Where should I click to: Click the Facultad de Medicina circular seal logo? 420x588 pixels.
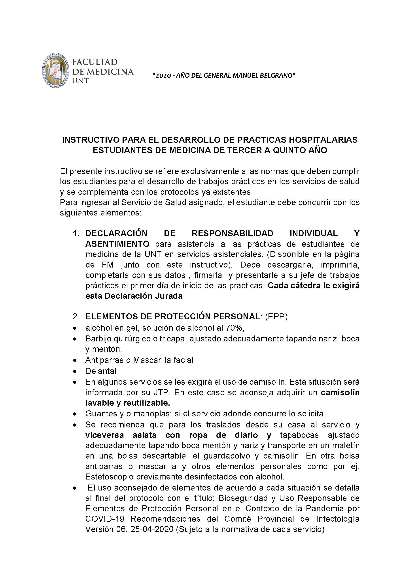(56, 71)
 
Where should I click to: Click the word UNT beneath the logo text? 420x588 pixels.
(80, 81)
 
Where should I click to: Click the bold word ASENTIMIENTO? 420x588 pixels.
(117, 244)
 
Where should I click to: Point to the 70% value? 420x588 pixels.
(235, 328)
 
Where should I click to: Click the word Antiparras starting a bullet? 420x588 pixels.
(105, 360)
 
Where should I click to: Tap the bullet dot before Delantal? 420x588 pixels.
(75, 372)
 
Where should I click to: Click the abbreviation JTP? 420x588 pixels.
(161, 393)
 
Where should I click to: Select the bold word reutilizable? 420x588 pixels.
(147, 403)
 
